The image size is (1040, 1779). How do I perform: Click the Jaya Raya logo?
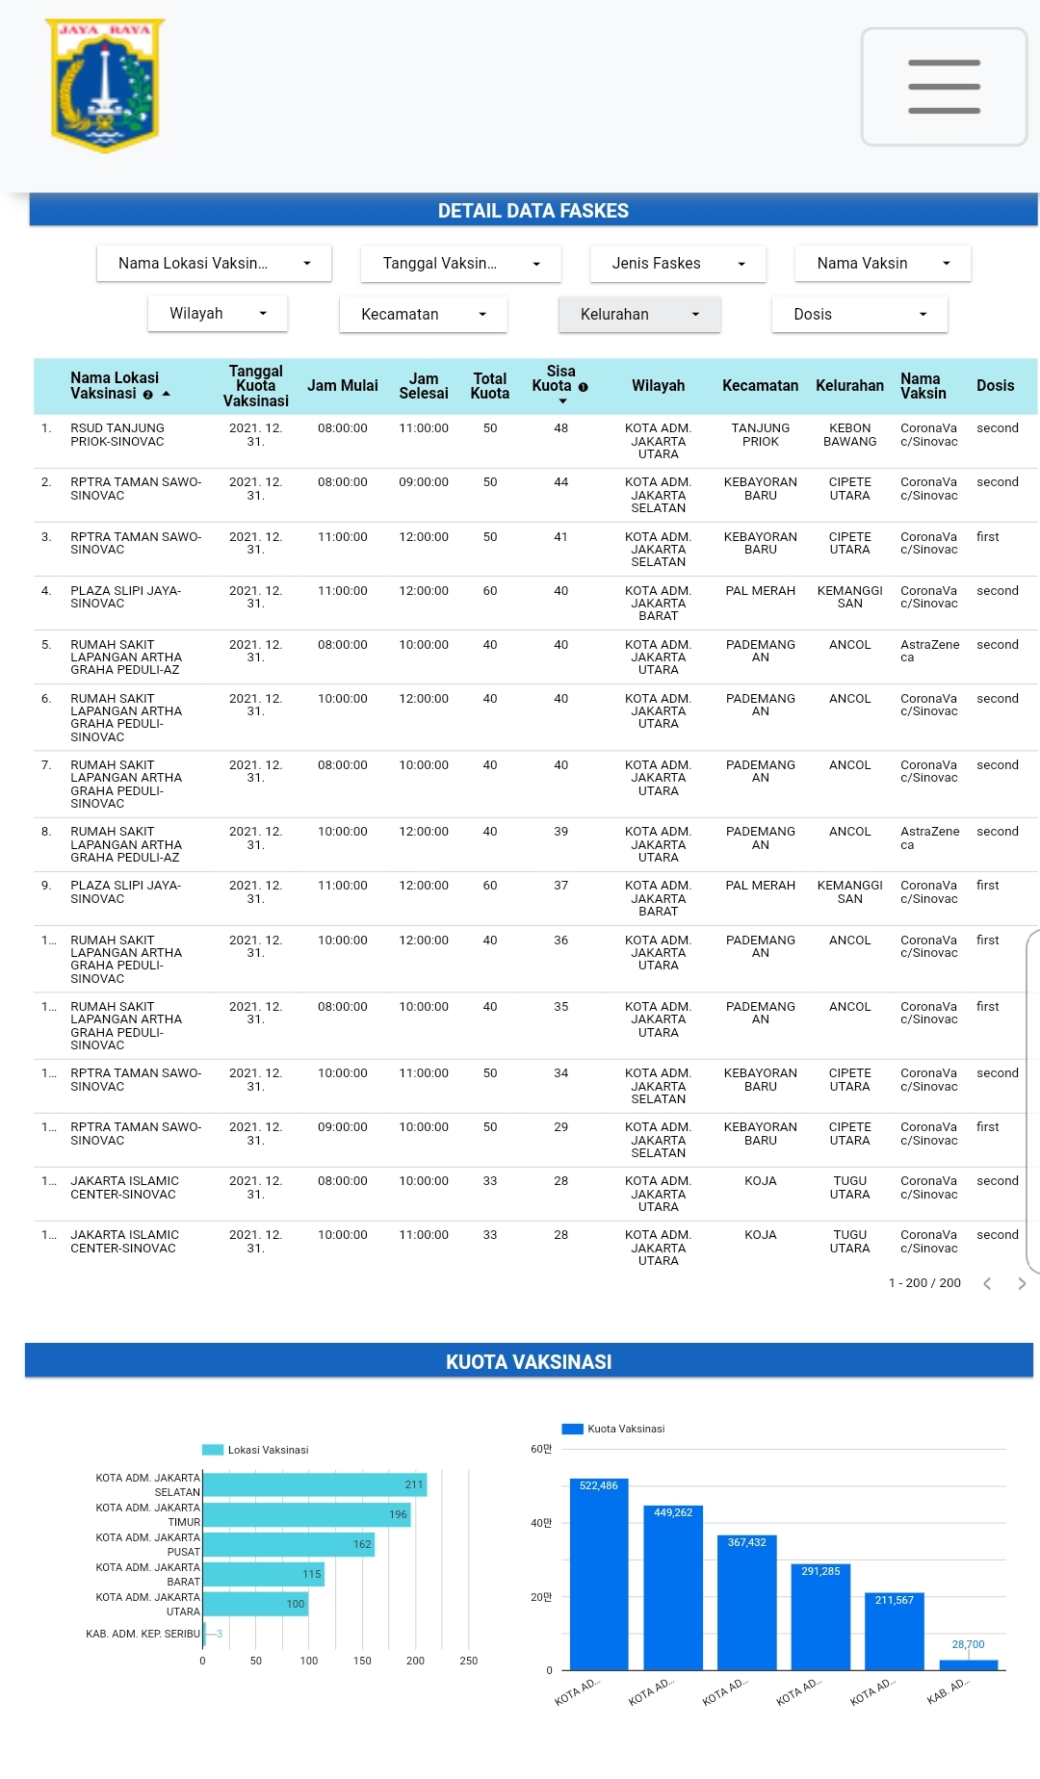pos(104,86)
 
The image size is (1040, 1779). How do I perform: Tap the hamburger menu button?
pos(944,87)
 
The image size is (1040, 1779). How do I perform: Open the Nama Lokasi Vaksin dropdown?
pos(214,264)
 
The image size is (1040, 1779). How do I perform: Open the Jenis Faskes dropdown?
pos(678,264)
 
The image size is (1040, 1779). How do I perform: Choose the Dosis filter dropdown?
pos(859,315)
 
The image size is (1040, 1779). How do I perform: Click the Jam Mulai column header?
pos(343,386)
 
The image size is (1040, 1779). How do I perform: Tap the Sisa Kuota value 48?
pos(560,428)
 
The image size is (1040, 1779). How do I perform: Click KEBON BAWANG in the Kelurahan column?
pos(849,435)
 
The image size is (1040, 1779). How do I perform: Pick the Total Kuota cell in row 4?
pos(490,591)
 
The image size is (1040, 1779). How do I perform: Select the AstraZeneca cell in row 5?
pos(929,652)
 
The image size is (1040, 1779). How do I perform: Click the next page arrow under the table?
pos(1022,1283)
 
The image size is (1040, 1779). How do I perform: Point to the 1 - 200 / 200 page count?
pos(924,1283)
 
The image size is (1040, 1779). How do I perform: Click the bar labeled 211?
pos(315,1484)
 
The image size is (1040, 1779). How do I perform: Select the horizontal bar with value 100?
pos(255,1604)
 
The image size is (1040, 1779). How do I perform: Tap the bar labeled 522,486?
pos(599,1574)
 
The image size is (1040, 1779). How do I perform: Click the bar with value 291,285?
pos(820,1616)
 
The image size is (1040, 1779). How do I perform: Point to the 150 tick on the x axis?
pos(362,1661)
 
